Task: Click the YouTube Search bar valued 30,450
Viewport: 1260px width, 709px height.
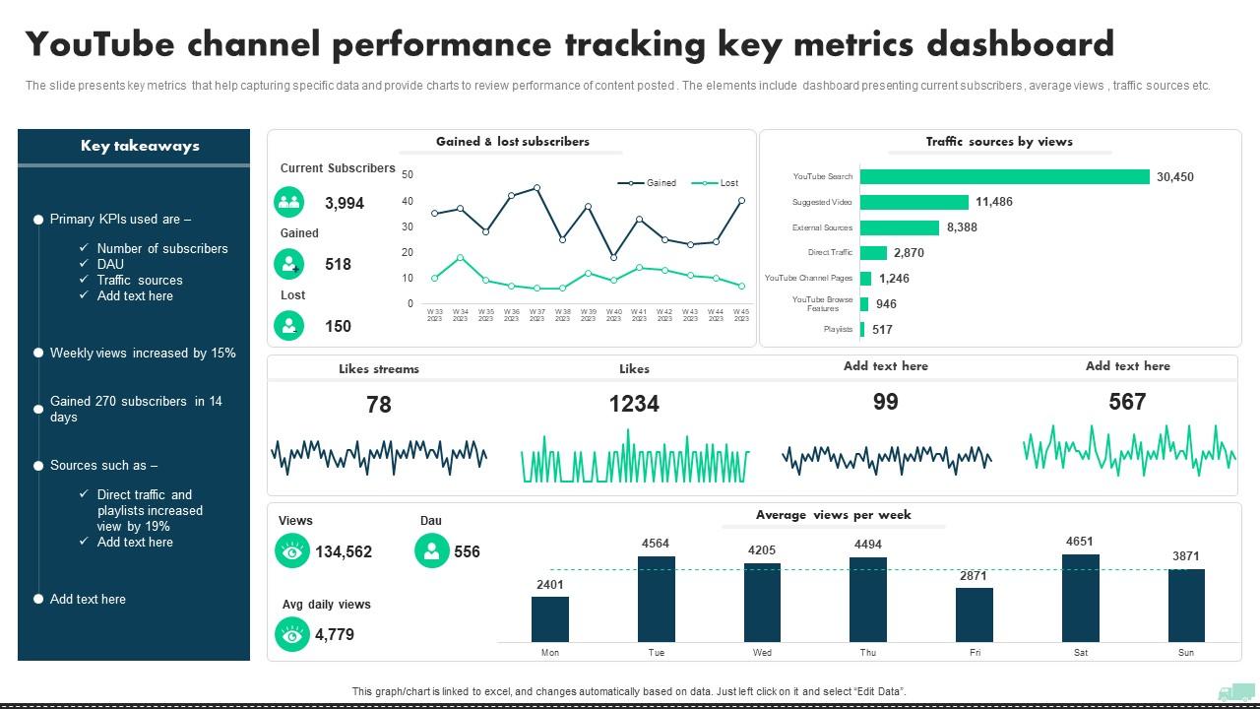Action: [1004, 177]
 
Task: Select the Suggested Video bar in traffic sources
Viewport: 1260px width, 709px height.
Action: [913, 202]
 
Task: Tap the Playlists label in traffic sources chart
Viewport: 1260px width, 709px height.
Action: [838, 330]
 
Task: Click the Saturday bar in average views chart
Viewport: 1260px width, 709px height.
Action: [1080, 598]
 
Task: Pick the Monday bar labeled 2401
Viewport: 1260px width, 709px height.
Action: [549, 618]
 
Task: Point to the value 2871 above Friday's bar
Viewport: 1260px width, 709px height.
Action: [974, 575]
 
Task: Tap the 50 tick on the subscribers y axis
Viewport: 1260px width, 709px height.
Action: [408, 175]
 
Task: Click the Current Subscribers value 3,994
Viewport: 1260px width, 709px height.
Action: [345, 204]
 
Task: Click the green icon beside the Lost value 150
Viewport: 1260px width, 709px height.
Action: [289, 325]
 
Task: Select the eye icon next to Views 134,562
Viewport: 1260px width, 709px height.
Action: [292, 551]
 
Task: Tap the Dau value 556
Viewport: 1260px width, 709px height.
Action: [467, 551]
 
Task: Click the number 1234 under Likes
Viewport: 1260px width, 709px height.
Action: [634, 404]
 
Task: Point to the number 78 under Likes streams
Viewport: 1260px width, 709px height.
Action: [379, 405]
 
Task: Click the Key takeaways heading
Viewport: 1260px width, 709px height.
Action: [140, 146]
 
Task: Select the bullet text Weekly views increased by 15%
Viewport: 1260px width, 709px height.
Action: [143, 353]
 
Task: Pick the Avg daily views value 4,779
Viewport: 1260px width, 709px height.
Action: [335, 635]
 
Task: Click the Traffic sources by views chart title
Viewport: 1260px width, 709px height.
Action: [999, 142]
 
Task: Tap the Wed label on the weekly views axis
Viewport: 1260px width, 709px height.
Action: [762, 653]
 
